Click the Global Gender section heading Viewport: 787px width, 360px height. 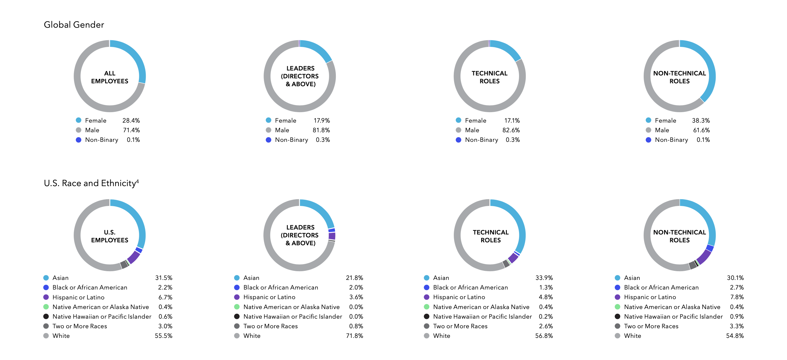coord(74,25)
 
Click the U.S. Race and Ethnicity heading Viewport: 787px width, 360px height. coord(91,183)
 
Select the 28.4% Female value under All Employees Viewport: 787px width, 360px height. coord(131,120)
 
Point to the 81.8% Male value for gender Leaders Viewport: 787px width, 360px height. coord(321,130)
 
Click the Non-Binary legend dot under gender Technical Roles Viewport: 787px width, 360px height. coord(458,140)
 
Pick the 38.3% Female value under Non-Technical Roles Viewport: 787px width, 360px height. coord(701,120)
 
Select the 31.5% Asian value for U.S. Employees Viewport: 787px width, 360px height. coord(164,278)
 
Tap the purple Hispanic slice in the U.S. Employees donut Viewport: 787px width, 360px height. coord(134,257)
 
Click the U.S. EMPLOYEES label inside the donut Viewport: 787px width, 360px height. coord(110,236)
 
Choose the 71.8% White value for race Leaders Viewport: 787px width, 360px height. coord(354,336)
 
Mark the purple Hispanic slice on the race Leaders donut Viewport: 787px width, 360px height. coord(332,236)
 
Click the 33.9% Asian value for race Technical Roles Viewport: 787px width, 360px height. coord(544,278)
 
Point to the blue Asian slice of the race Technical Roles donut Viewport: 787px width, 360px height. coord(518,220)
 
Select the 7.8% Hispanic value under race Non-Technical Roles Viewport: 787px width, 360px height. coord(737,297)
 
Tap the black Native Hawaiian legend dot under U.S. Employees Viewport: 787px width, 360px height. coord(46,317)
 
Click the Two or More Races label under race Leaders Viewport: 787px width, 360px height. coord(270,326)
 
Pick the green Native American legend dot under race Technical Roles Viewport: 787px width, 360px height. coord(426,307)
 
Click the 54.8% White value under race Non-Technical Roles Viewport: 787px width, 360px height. coord(735,336)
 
